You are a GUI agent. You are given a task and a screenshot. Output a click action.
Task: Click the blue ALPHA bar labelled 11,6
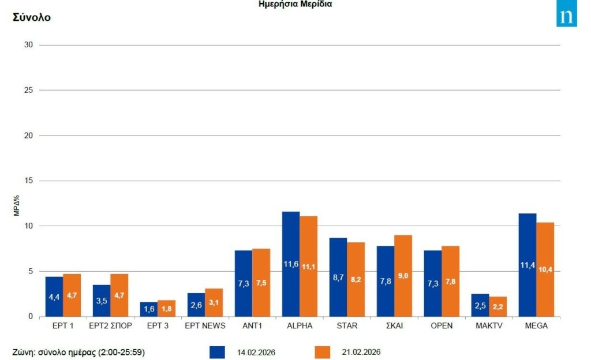click(291, 264)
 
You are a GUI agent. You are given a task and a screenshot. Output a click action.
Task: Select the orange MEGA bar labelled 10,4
click(545, 269)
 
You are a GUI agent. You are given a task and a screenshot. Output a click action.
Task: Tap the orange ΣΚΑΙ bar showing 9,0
click(403, 276)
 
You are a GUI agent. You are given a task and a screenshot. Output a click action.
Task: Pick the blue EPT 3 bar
click(149, 309)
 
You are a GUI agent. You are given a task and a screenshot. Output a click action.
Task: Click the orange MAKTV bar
click(498, 306)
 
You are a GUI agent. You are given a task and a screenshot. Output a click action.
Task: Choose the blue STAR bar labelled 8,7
click(338, 277)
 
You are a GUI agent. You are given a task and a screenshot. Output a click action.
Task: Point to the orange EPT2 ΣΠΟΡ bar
click(119, 295)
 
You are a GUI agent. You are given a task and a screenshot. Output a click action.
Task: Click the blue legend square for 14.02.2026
click(218, 352)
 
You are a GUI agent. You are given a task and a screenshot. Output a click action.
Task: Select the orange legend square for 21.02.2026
click(322, 352)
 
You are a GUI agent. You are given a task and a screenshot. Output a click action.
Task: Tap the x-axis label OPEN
click(442, 326)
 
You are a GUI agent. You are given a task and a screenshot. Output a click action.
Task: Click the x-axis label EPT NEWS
click(205, 326)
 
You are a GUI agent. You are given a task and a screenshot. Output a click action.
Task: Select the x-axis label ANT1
click(252, 326)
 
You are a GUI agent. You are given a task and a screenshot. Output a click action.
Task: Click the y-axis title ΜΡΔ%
click(17, 206)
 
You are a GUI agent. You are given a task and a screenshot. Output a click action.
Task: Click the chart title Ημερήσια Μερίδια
click(295, 4)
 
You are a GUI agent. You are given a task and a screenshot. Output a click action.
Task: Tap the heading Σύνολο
click(32, 17)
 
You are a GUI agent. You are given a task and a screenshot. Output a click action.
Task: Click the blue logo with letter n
click(566, 16)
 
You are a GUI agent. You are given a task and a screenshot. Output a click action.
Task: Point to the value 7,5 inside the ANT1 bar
click(261, 283)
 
